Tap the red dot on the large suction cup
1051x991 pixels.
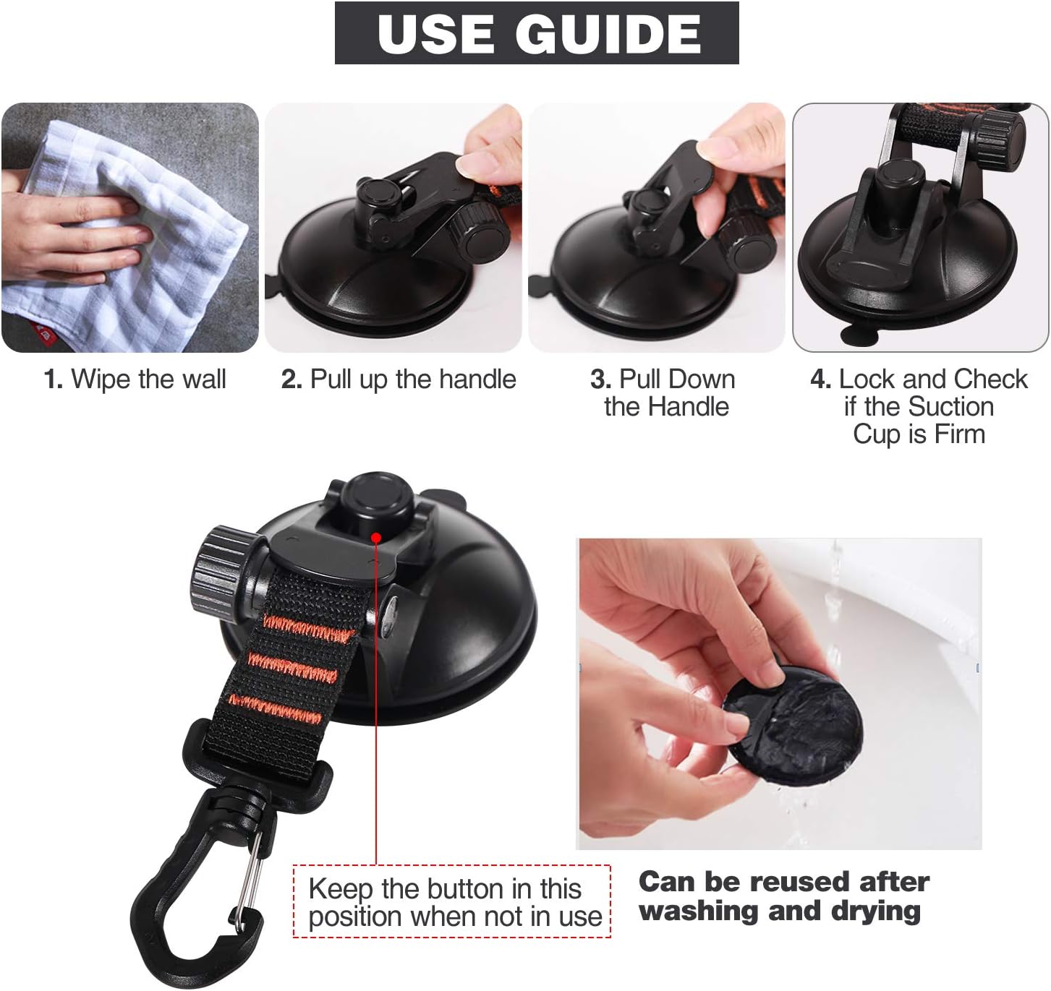point(376,537)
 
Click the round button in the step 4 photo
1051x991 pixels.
point(897,180)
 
